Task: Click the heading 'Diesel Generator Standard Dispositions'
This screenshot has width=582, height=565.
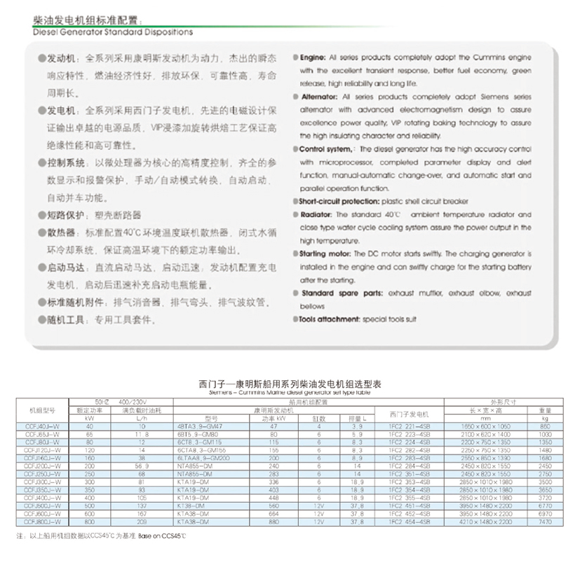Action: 113,32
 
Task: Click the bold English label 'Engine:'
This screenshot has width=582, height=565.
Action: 313,57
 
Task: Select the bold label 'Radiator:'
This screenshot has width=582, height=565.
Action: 316,214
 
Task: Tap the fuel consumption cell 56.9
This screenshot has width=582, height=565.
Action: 142,466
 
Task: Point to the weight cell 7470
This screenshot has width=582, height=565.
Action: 545,522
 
